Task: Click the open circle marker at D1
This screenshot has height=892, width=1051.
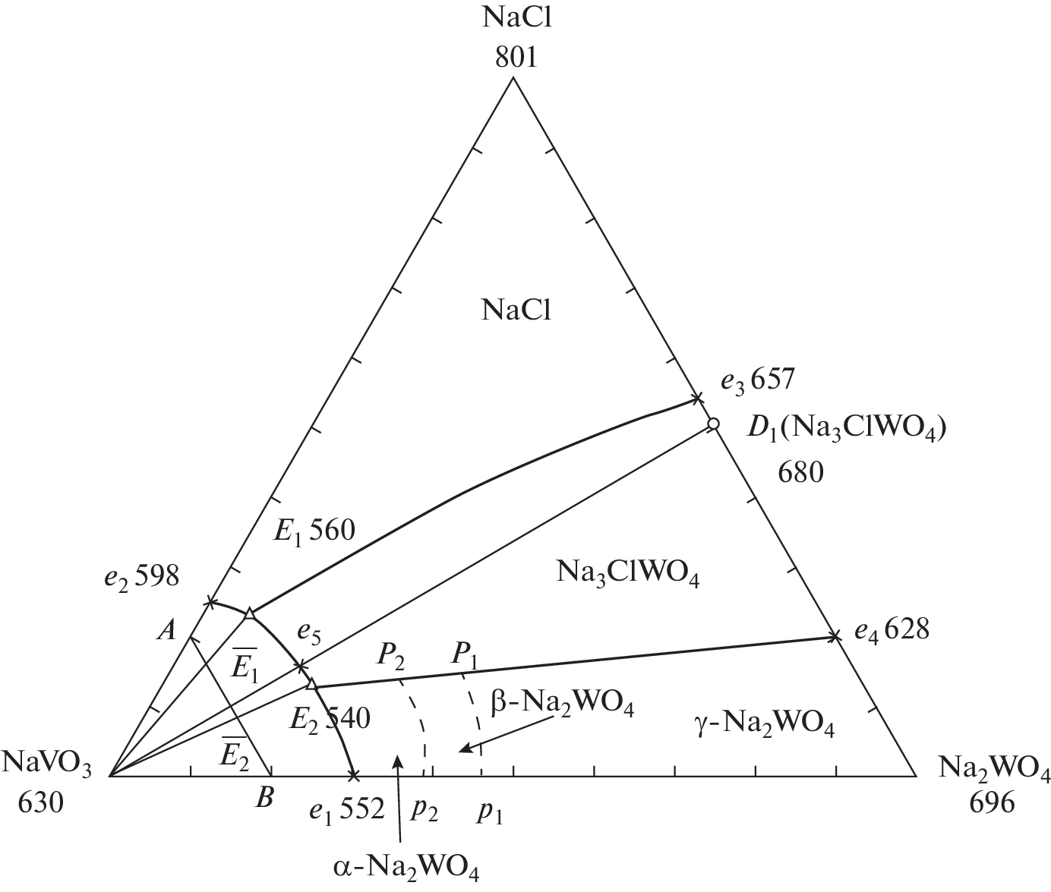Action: tap(713, 424)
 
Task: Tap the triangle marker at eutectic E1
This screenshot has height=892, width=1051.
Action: tap(249, 613)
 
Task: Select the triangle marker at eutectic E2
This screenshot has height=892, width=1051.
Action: tap(311, 684)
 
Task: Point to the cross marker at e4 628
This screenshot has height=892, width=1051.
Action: tap(835, 637)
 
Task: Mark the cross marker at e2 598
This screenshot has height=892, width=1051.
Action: tap(210, 603)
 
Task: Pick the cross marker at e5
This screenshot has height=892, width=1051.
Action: tap(300, 665)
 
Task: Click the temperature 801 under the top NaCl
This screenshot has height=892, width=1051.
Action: tap(516, 58)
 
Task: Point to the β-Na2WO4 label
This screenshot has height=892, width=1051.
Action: tap(562, 705)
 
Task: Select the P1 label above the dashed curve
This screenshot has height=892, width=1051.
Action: tap(465, 657)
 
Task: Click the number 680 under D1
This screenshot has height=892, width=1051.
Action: tap(800, 473)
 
